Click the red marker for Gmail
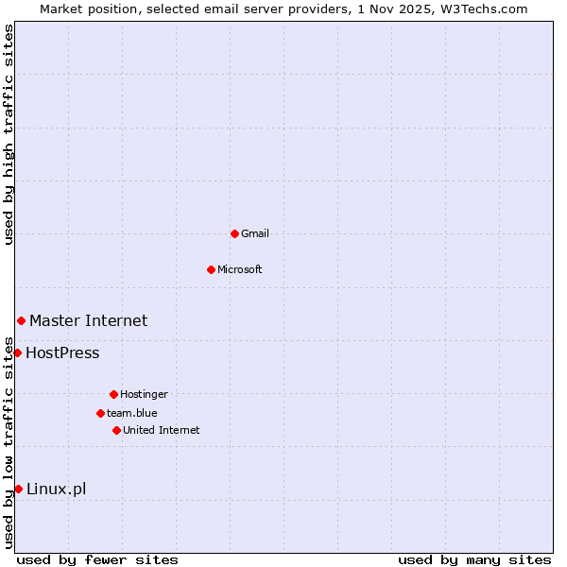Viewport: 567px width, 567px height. pyautogui.click(x=234, y=233)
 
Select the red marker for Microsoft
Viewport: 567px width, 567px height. pyautogui.click(x=211, y=269)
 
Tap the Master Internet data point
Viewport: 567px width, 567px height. pyautogui.click(x=21, y=321)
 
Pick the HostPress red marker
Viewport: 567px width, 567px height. pyautogui.click(x=17, y=353)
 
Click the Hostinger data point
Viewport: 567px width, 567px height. pyautogui.click(x=113, y=394)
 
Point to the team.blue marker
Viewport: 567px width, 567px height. pyautogui.click(x=100, y=413)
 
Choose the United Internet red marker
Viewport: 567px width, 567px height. pyautogui.click(x=116, y=430)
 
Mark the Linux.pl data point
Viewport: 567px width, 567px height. pyautogui.click(x=18, y=489)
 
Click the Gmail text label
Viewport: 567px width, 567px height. pyautogui.click(x=255, y=233)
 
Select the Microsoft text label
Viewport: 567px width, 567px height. pyautogui.click(x=240, y=269)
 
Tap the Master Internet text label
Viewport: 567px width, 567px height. pyautogui.click(x=88, y=321)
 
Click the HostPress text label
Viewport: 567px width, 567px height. pyautogui.click(x=62, y=353)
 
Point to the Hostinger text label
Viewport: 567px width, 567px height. pyautogui.click(x=144, y=394)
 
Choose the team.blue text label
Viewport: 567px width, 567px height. pyautogui.click(x=132, y=413)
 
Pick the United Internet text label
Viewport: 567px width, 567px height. pyautogui.click(x=162, y=430)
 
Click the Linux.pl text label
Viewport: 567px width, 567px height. pyautogui.click(x=56, y=489)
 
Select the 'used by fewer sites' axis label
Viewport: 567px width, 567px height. pyautogui.click(x=97, y=559)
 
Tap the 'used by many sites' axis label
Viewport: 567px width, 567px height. pyautogui.click(x=474, y=559)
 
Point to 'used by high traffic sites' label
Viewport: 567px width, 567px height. pyautogui.click(x=9, y=134)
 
